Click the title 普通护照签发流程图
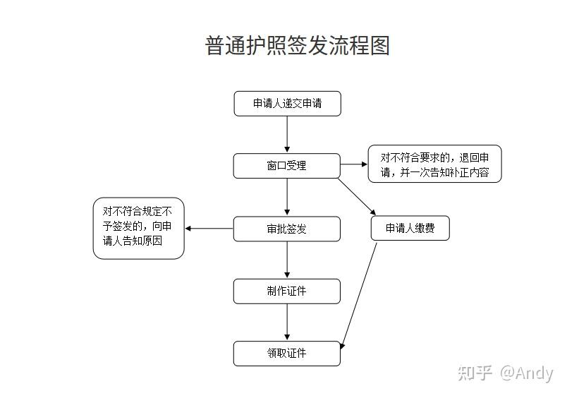click(x=297, y=46)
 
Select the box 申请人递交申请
click(x=287, y=104)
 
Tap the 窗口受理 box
click(x=286, y=166)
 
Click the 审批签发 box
click(x=286, y=229)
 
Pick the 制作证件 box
click(x=286, y=291)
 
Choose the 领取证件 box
click(x=286, y=353)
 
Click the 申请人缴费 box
click(x=410, y=228)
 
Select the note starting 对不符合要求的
click(x=434, y=164)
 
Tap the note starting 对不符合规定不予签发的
click(x=138, y=228)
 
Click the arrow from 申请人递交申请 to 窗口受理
click(x=287, y=134)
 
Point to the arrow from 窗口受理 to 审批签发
click(x=287, y=197)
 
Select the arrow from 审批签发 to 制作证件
click(x=287, y=260)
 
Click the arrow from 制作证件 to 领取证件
click(x=287, y=322)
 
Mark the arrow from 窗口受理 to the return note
click(x=354, y=164)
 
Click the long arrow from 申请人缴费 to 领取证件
click(x=360, y=293)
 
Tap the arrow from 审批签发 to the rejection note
click(x=209, y=228)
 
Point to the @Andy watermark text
click(x=526, y=373)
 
